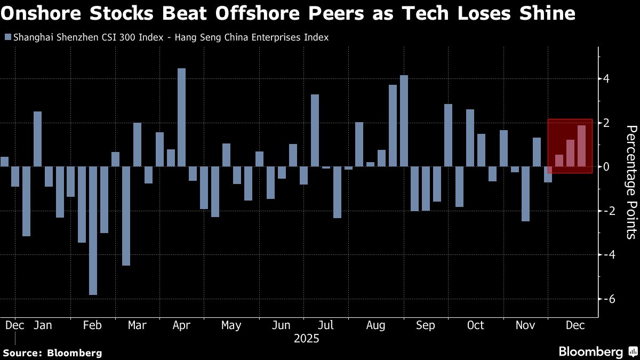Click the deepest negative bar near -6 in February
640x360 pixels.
[x=93, y=230]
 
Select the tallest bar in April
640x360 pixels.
[x=181, y=117]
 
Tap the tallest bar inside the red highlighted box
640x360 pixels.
[x=581, y=146]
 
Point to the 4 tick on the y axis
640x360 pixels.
[x=606, y=79]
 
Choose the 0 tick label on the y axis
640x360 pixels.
[x=606, y=167]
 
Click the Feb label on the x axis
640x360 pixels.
[x=93, y=325]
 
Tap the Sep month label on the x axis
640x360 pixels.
[x=426, y=325]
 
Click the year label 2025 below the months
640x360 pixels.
[x=306, y=339]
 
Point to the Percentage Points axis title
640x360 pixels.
[x=630, y=181]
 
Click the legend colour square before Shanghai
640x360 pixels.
[x=7, y=38]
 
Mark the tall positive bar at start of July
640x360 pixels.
[x=315, y=131]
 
